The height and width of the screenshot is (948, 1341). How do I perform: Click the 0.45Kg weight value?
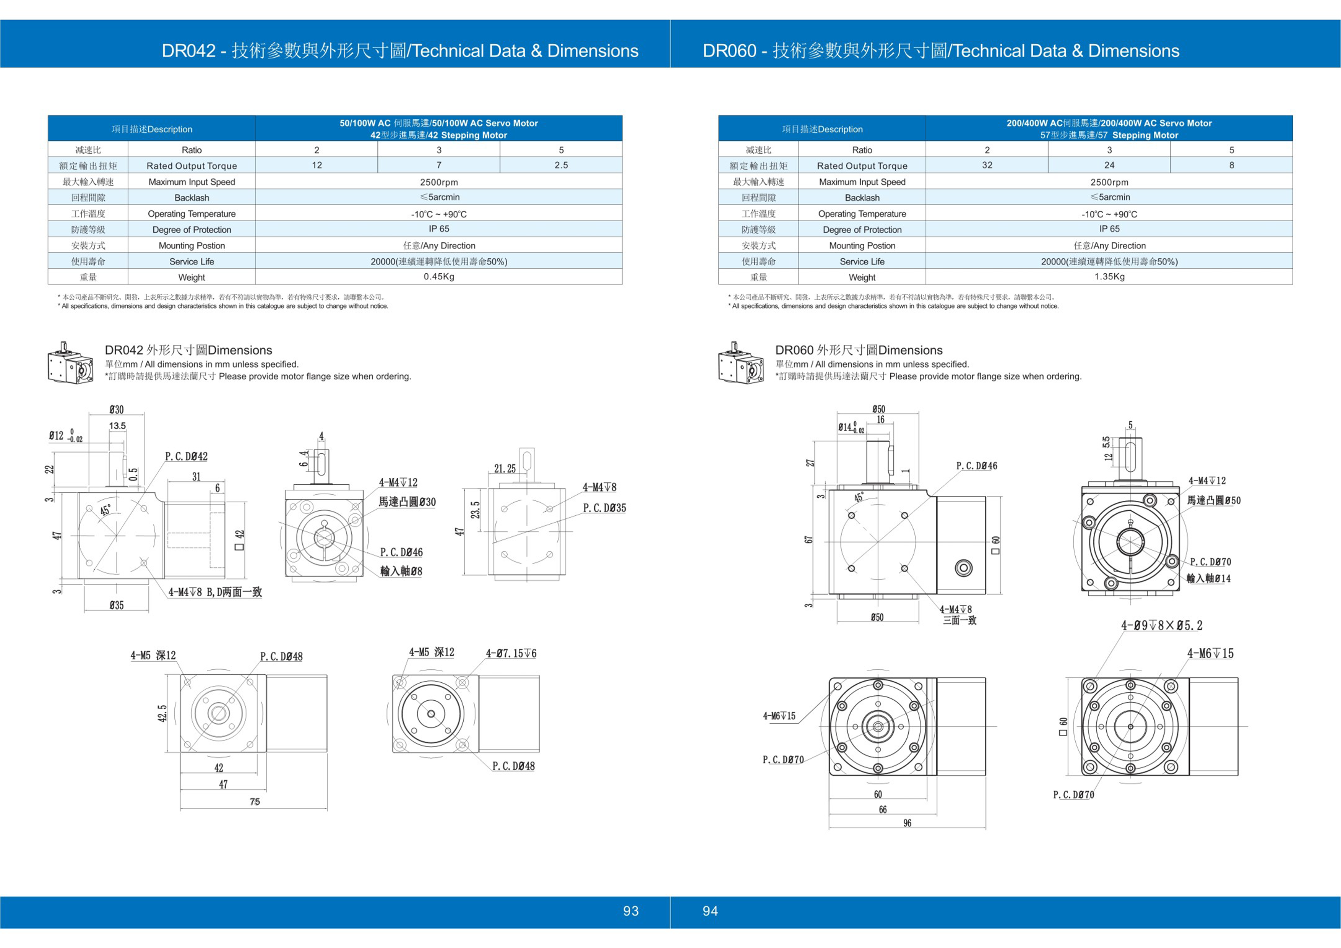click(438, 277)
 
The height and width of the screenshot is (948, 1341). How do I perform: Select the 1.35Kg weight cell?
click(1109, 277)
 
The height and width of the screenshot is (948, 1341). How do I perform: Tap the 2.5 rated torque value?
click(561, 165)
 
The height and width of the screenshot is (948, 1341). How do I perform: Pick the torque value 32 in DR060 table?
click(987, 165)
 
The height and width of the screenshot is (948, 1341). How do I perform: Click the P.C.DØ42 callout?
click(186, 456)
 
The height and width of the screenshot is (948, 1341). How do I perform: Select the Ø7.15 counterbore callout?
click(511, 653)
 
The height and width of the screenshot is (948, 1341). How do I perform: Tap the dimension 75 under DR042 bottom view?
click(255, 801)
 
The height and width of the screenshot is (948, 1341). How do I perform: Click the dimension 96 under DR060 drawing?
click(907, 823)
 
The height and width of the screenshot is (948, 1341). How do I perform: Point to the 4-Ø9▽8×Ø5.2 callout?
click(1161, 626)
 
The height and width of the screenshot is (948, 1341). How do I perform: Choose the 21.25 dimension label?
click(505, 468)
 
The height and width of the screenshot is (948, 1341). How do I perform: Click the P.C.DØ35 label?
click(604, 508)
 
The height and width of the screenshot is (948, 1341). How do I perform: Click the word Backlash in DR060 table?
click(862, 197)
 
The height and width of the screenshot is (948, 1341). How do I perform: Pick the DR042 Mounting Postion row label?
click(192, 245)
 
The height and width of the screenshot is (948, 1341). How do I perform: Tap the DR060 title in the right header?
click(940, 51)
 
